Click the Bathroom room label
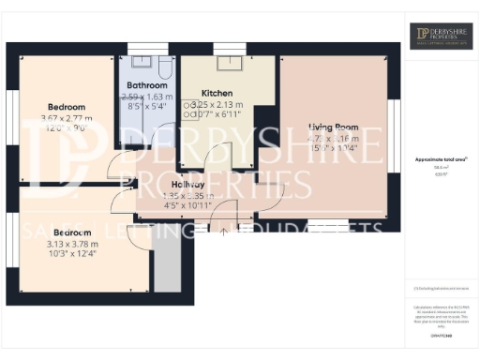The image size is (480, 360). click(145, 85)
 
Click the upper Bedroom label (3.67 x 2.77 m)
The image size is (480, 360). click(67, 107)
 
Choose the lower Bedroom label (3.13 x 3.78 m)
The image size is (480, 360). click(71, 232)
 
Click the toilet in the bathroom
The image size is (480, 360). click(163, 67)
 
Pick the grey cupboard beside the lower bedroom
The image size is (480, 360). click(166, 268)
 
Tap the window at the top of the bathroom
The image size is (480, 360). click(145, 49)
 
